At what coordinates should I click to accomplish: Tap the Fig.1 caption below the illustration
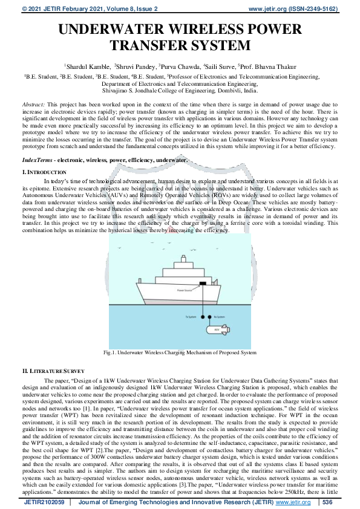point(180,352)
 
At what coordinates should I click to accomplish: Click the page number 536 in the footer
point(327,502)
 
